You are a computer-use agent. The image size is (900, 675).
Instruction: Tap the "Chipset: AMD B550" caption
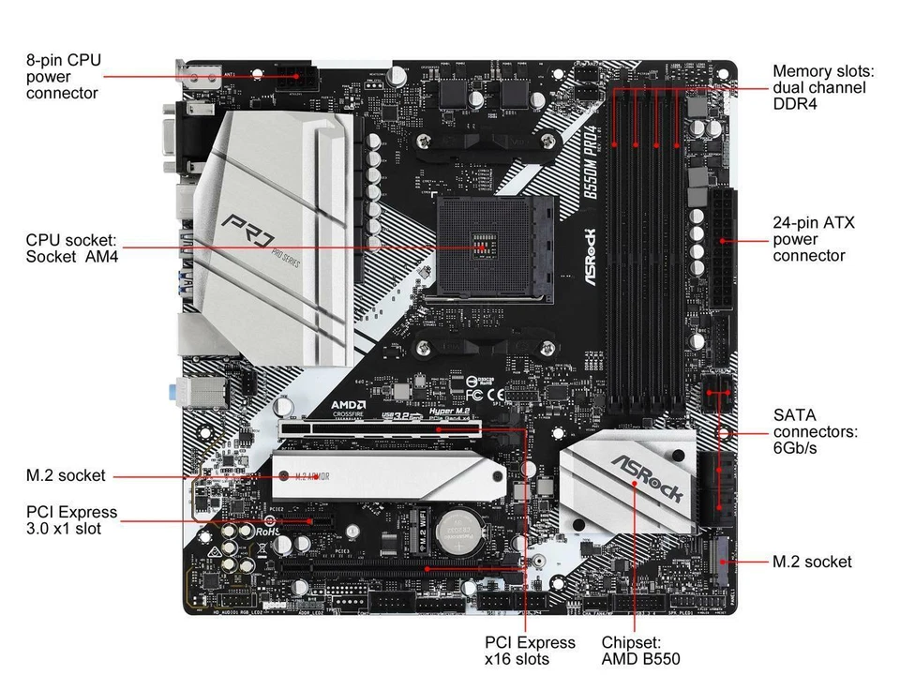point(640,651)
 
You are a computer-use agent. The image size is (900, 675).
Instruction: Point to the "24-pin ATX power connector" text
point(813,239)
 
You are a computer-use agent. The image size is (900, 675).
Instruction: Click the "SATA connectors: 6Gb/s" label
point(815,432)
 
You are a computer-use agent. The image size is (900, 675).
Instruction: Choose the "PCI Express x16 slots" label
point(530,651)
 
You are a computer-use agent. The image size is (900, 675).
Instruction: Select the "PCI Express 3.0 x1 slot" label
point(72,520)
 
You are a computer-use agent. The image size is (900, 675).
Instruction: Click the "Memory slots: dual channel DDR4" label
point(823,87)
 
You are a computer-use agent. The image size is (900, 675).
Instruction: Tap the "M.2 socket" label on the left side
point(66,476)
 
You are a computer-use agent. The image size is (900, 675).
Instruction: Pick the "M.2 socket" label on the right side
point(812,562)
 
